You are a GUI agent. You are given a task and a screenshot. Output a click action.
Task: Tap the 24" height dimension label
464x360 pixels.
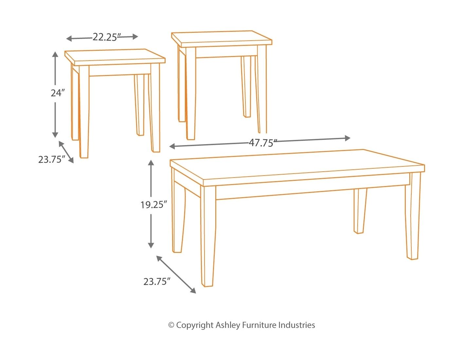click(x=58, y=93)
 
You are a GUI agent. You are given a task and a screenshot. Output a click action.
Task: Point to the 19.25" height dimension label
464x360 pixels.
click(x=153, y=205)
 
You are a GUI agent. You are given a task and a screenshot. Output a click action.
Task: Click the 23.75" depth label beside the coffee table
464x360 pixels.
click(x=157, y=282)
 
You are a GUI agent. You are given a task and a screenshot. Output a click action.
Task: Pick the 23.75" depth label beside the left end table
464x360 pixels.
click(x=51, y=160)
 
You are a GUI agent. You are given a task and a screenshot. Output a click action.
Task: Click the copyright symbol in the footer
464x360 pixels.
click(x=171, y=325)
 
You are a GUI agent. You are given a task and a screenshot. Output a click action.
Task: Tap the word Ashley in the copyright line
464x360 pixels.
click(x=228, y=325)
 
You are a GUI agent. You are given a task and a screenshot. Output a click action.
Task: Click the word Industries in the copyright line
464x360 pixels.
click(x=297, y=325)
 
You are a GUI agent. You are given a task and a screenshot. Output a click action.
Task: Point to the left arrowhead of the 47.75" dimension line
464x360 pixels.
click(x=172, y=146)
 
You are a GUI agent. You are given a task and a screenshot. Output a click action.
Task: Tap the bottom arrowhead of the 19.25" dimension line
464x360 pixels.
click(x=151, y=245)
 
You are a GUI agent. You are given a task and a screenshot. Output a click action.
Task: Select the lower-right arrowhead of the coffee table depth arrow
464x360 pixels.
click(x=193, y=291)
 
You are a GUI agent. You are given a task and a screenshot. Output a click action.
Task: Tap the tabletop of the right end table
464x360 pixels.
click(x=222, y=39)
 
